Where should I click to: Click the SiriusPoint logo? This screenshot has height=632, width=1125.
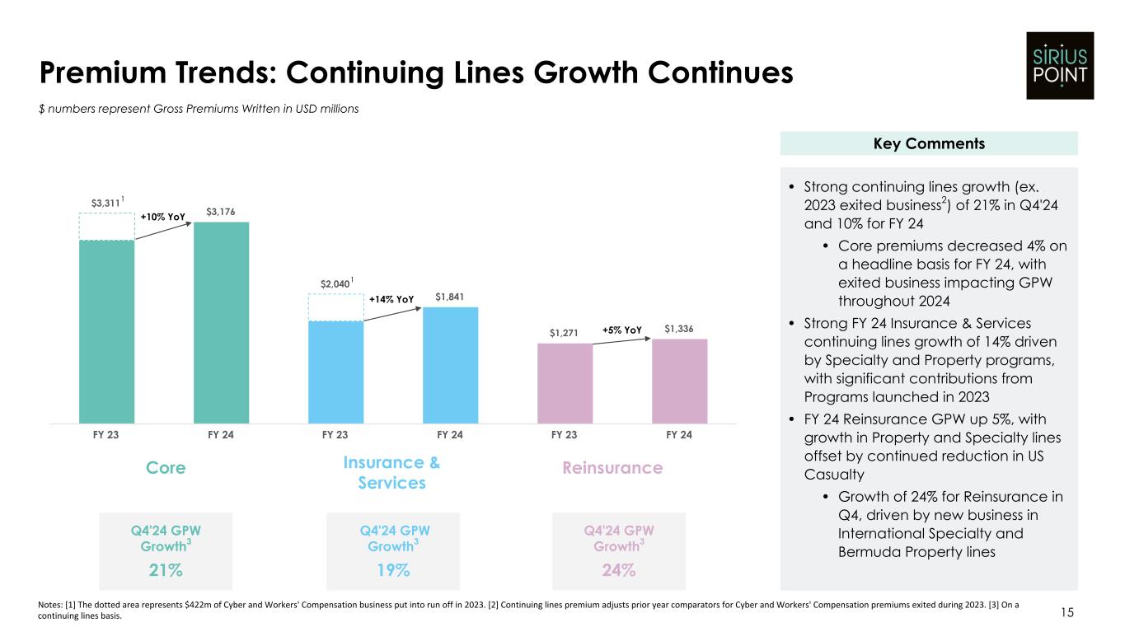[x=1060, y=65]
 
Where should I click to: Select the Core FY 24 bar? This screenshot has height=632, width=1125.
[x=221, y=322]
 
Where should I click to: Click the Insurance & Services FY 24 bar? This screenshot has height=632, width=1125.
[x=450, y=365]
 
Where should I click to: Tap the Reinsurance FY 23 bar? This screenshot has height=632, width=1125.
[x=565, y=383]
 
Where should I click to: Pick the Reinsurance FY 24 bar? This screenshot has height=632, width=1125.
[x=679, y=381]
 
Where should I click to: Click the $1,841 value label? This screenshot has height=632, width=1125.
[x=450, y=297]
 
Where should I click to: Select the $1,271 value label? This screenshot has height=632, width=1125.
[x=565, y=333]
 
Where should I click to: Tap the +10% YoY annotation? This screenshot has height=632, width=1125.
[x=162, y=217]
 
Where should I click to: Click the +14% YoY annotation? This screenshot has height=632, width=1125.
[x=391, y=299]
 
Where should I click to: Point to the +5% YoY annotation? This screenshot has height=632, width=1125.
[x=621, y=330]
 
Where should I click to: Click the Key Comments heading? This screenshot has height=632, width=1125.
[x=928, y=143]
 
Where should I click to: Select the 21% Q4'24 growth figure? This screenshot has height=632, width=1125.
[x=166, y=569]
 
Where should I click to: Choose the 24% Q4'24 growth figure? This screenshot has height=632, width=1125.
[x=618, y=569]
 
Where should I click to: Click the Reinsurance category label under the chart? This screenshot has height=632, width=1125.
[x=612, y=468]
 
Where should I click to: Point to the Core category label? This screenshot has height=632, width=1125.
[x=166, y=468]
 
